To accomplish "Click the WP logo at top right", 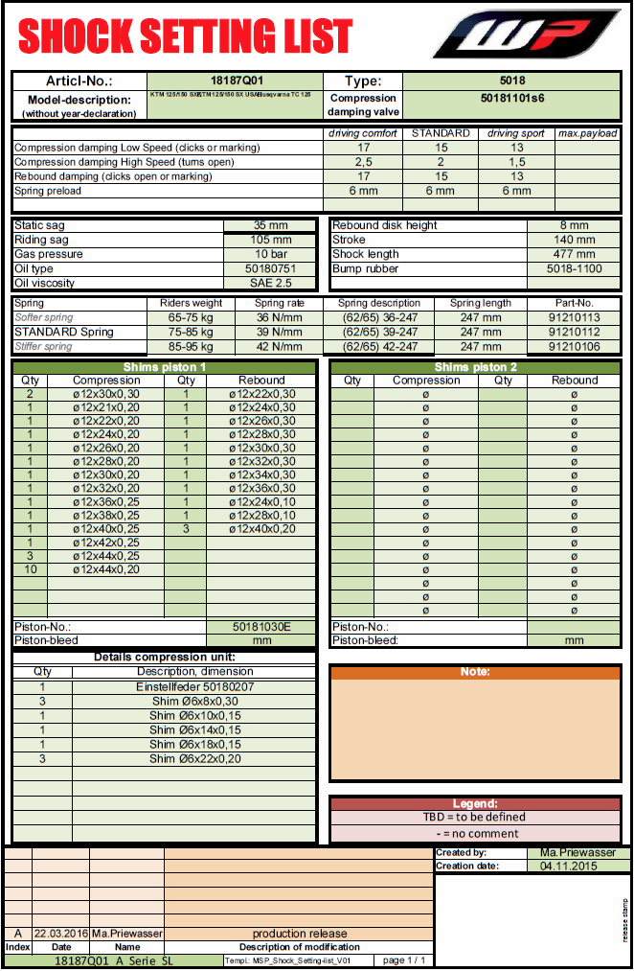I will coord(527,35).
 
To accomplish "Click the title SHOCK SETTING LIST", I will coord(186,36).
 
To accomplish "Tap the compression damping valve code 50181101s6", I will coord(511,98).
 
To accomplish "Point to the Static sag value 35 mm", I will coord(271,225).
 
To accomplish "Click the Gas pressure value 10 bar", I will coord(271,254).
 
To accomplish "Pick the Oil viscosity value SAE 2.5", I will coord(271,283).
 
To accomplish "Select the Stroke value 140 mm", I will coord(574,240).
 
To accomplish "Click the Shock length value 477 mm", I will coord(574,254).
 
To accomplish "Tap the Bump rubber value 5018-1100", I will coord(574,268).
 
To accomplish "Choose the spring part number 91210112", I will coord(575,332).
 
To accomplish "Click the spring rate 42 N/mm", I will coord(279,346).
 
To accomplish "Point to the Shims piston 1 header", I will coord(164,367).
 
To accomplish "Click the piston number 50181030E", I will coord(261,626).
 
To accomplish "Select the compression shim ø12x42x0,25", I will coord(106,542).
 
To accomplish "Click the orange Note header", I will coord(475,671).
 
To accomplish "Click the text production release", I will coord(300,933).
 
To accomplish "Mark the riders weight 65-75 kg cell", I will coord(191,317).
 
